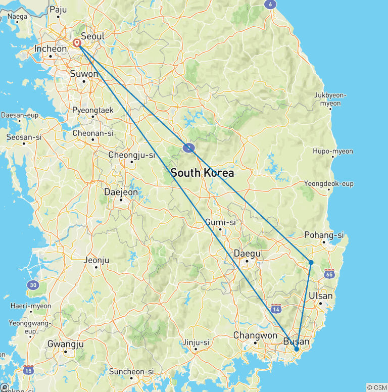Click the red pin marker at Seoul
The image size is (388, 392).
click(77, 43)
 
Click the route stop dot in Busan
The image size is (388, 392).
click(297, 349)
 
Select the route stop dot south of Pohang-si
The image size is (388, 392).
click(311, 262)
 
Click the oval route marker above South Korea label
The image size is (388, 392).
click(188, 148)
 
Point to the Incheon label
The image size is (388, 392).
click(50, 49)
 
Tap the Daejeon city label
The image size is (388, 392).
click(120, 192)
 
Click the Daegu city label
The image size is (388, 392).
click(247, 253)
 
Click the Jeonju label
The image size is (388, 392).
click(96, 261)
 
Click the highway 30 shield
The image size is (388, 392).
click(33, 285)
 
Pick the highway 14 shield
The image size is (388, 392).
click(276, 309)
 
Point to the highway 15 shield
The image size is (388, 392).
click(28, 370)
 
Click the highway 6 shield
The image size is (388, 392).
click(271, 4)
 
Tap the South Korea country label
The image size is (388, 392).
click(202, 173)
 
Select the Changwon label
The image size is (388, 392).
click(255, 335)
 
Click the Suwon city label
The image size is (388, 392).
click(83, 74)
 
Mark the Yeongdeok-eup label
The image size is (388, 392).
click(329, 183)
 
